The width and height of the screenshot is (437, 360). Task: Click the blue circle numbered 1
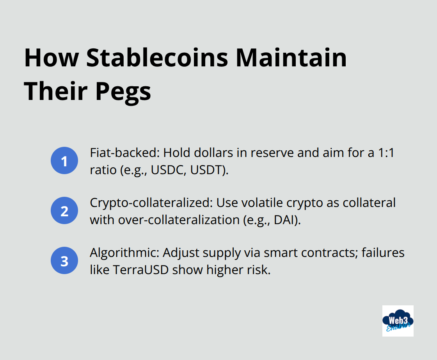click(x=65, y=161)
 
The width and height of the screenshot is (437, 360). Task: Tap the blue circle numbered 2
click(x=65, y=211)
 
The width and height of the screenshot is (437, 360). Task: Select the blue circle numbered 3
click(x=65, y=261)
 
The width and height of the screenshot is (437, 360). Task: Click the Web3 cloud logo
click(x=398, y=321)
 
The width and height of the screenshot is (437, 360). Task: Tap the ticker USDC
click(x=165, y=170)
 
